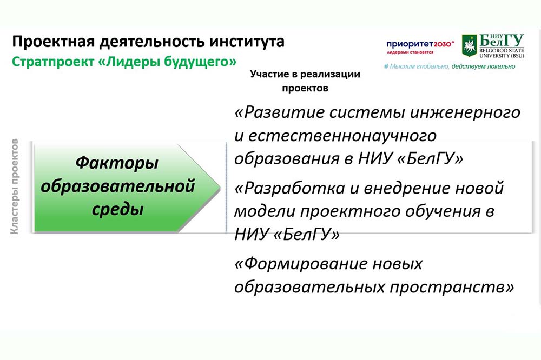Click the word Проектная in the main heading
54,42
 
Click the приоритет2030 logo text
420,44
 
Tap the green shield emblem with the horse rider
469,45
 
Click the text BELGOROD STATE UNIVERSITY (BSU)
502,53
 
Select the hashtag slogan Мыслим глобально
416,66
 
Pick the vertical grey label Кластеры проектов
15,186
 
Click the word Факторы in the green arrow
117,163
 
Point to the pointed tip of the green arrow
220,188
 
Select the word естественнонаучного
342,136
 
